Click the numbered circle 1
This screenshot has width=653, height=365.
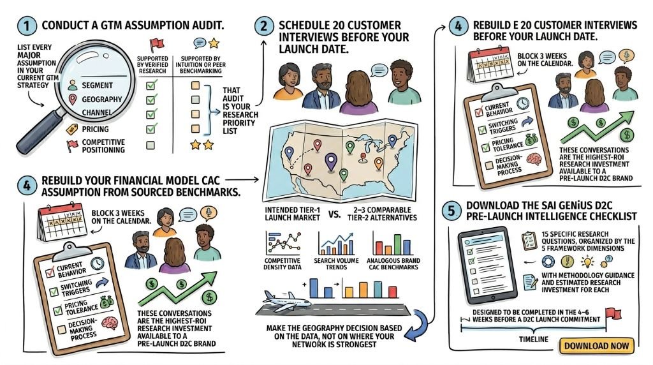pos(27,26)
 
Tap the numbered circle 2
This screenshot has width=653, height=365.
pos(264,26)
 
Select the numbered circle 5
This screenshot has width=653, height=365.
pos(451,211)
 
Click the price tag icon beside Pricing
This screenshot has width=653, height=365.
pos(72,130)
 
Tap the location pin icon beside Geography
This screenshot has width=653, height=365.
pos(73,99)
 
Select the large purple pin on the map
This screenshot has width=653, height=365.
pos(331,161)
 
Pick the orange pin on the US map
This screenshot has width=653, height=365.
pos(379,163)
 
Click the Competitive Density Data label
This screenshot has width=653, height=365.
pos(282,264)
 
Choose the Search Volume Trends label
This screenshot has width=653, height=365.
pos(336,264)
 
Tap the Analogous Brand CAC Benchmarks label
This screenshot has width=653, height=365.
pos(393,264)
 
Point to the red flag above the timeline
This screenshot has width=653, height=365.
pos(612,313)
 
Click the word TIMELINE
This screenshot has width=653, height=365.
pos(534,339)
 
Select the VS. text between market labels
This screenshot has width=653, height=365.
pos(334,214)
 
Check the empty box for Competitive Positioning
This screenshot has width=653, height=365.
pos(150,145)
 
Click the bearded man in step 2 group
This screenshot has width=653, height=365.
pos(321,87)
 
